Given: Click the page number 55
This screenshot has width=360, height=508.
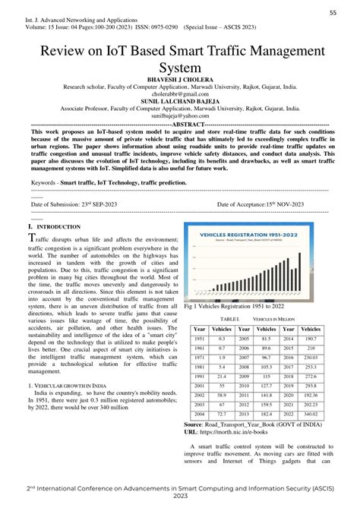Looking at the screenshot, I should tap(333, 13).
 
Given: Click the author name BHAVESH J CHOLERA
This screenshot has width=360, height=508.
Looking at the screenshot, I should tap(179, 78).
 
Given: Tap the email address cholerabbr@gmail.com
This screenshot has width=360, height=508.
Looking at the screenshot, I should tap(179, 94).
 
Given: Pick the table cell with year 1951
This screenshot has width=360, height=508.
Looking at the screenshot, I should tap(199, 339).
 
